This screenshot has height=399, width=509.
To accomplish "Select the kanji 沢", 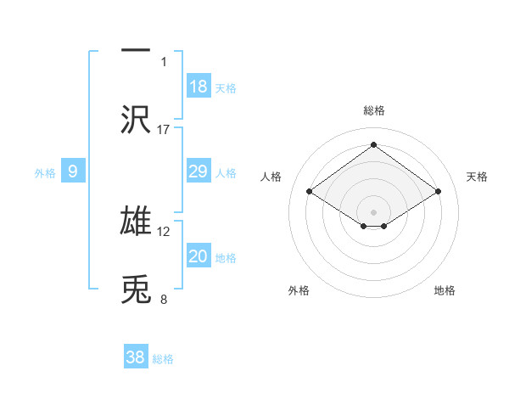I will (x=136, y=120).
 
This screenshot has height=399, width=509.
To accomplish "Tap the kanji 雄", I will (x=136, y=221).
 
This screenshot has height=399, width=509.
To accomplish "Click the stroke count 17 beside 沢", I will (x=164, y=129).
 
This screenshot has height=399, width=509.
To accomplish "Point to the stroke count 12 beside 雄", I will (x=164, y=230).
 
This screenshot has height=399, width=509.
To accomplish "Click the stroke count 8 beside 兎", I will (x=164, y=299).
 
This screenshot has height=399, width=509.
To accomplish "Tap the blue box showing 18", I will (x=199, y=87).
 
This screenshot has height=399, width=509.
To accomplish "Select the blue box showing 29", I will (x=199, y=171).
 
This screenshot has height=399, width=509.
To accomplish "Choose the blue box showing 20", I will (x=199, y=256).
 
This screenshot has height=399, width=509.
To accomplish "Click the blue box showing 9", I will (x=73, y=171).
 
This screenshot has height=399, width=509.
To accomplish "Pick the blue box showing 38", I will (x=135, y=357).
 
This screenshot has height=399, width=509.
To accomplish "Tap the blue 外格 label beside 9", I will (x=45, y=173).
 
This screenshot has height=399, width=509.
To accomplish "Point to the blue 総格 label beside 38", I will (x=163, y=359).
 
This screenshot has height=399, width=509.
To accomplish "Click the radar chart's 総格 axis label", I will (x=374, y=110).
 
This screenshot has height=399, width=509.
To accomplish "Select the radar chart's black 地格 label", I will (x=445, y=290).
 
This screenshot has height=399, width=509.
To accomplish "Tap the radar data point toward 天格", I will (x=438, y=191).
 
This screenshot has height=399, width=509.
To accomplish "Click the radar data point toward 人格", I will (x=310, y=191).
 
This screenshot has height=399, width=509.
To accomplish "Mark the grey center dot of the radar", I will (x=374, y=211).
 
